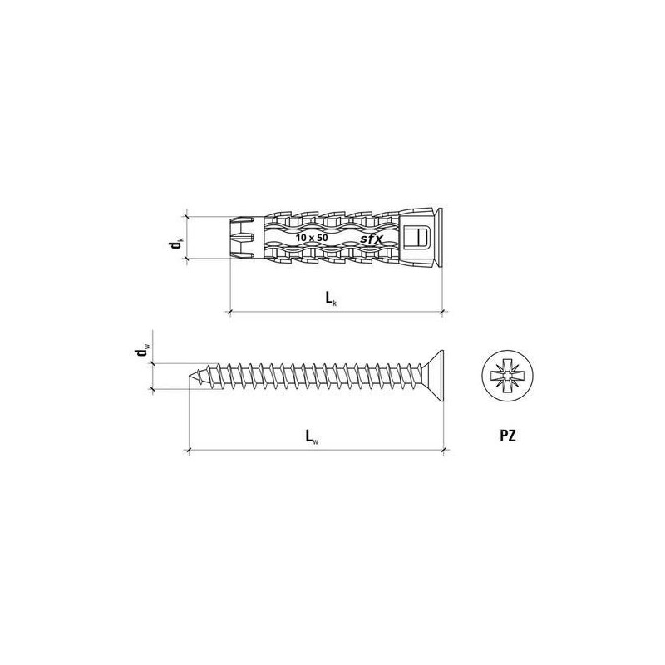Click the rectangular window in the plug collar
click(x=417, y=236)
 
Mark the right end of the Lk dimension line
click(x=442, y=313)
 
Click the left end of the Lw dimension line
click(x=191, y=450)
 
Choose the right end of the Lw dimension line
click(x=447, y=450)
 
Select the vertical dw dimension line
click(x=152, y=375)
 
